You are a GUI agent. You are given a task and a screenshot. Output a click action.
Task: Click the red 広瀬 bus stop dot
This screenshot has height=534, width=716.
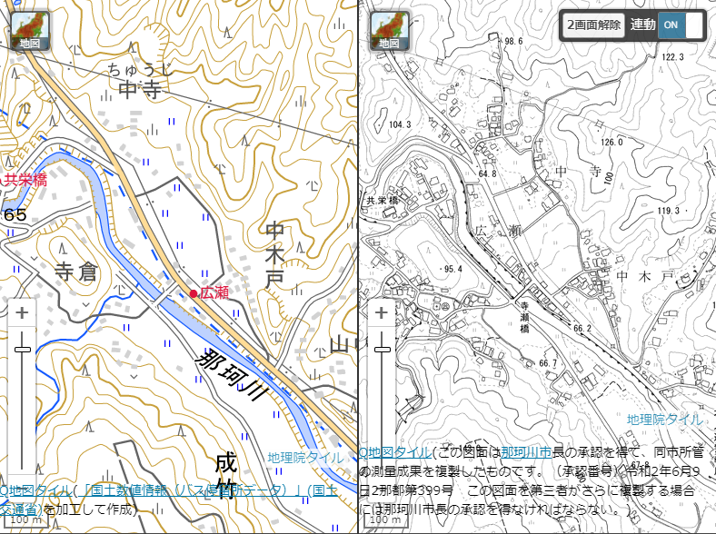(x=194, y=293)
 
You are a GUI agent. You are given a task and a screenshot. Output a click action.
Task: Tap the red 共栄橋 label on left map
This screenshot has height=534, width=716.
(x=24, y=180)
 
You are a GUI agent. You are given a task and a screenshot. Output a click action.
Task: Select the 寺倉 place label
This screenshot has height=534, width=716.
(x=75, y=272)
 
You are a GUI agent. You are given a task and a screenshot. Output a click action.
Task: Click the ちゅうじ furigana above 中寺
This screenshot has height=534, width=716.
(x=139, y=69)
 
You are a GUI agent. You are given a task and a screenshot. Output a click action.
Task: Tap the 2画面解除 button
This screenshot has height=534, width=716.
(x=594, y=25)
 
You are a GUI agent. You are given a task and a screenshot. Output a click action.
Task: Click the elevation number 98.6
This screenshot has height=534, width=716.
(x=515, y=42)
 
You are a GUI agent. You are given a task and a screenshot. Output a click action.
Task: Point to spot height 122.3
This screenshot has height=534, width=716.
(x=672, y=57)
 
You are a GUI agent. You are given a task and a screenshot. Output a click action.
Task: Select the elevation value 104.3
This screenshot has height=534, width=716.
(x=400, y=124)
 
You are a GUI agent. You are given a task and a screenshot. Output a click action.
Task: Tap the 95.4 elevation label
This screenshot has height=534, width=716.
(x=453, y=270)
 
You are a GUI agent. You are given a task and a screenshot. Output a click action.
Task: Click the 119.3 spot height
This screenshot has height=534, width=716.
(x=668, y=212)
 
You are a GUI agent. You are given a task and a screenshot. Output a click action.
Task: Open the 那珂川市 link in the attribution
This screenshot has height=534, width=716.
(x=526, y=452)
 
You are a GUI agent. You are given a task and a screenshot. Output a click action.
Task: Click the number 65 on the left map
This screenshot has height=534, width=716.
(x=15, y=215)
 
